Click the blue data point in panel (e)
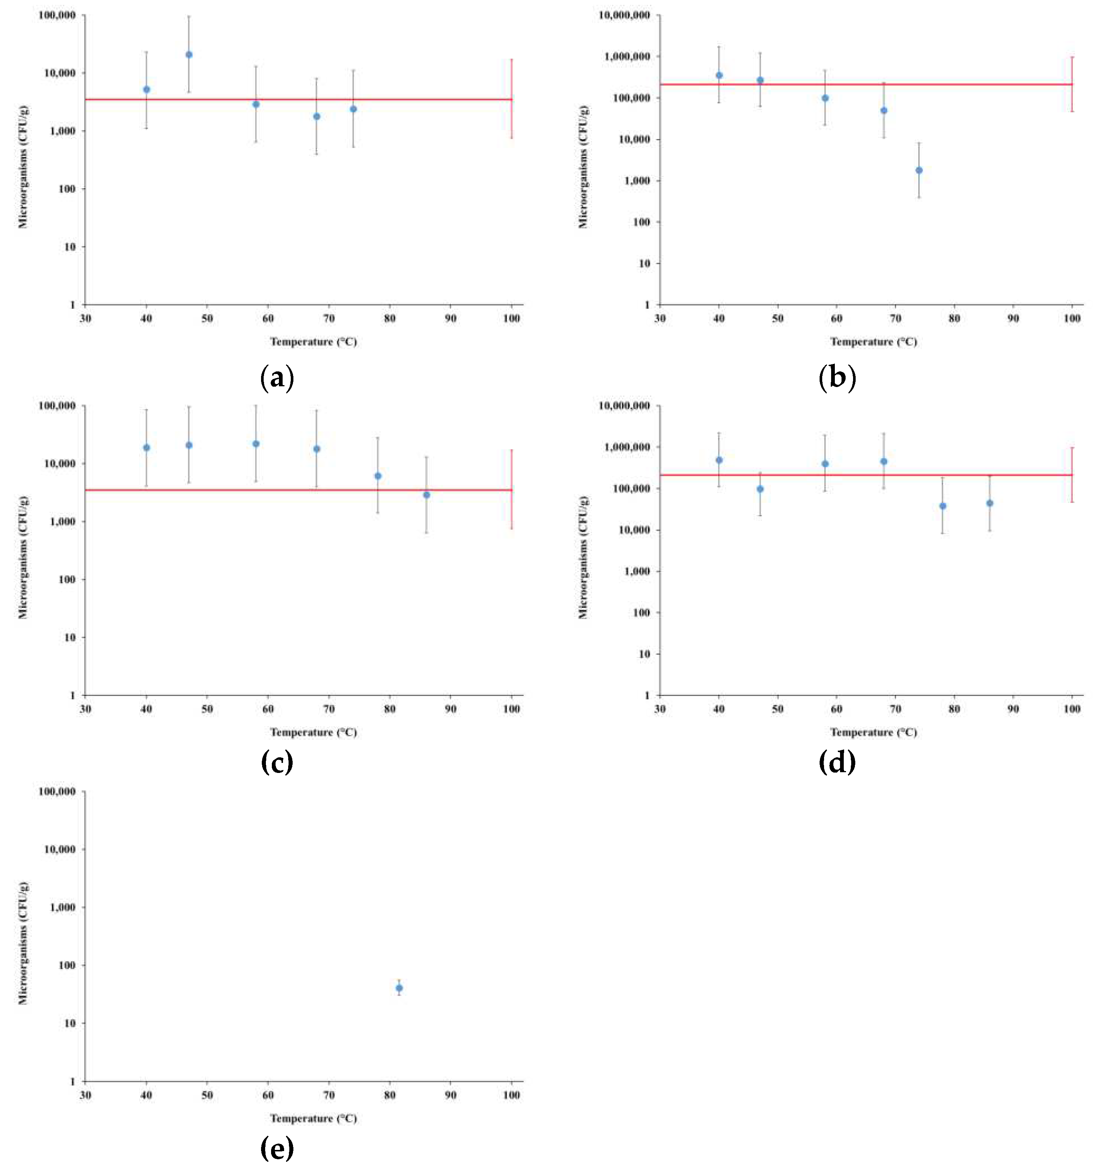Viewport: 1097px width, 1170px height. tap(399, 988)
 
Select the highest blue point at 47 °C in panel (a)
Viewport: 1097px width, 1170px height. tap(189, 55)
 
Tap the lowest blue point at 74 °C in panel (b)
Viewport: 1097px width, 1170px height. tap(919, 170)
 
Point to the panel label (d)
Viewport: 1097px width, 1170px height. tap(837, 762)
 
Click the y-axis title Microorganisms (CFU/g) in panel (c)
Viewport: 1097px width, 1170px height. tap(23, 557)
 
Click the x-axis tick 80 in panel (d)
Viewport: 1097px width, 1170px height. tap(954, 709)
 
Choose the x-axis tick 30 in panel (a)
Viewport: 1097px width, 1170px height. tap(85, 318)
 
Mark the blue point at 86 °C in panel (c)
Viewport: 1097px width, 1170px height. tap(426, 495)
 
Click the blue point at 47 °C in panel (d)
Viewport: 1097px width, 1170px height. tap(760, 489)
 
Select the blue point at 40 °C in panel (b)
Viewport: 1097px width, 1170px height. tap(718, 75)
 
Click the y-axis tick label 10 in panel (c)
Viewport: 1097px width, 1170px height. tap(70, 637)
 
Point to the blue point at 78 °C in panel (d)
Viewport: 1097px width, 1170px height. tap(942, 506)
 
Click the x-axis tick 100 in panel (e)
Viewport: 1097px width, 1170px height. tap(511, 1095)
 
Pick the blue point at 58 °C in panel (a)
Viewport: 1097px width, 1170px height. tap(256, 104)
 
